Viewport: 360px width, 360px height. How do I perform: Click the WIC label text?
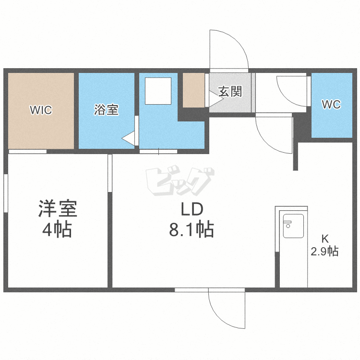41,110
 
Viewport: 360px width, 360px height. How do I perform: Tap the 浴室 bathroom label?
106,110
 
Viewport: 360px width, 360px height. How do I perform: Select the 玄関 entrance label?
230,92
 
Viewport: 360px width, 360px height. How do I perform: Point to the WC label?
331,104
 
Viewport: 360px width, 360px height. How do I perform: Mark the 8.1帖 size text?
191,230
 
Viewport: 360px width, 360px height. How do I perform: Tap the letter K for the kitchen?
325,239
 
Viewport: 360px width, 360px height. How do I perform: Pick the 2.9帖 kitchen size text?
325,251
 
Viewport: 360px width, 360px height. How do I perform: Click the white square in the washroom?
158,91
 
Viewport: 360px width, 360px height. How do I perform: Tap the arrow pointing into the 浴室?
128,139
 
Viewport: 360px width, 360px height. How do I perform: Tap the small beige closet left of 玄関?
194,90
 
